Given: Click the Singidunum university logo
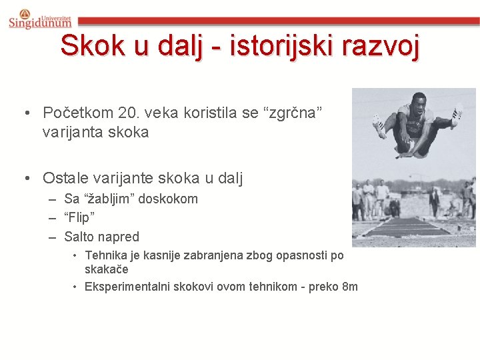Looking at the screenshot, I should [39, 19].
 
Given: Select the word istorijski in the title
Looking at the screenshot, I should [280, 46].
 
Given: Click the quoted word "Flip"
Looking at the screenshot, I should [79, 217].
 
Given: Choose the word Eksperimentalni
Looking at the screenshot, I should [127, 287].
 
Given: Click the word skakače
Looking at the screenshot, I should [106, 269].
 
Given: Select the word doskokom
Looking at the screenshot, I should [170, 199].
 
